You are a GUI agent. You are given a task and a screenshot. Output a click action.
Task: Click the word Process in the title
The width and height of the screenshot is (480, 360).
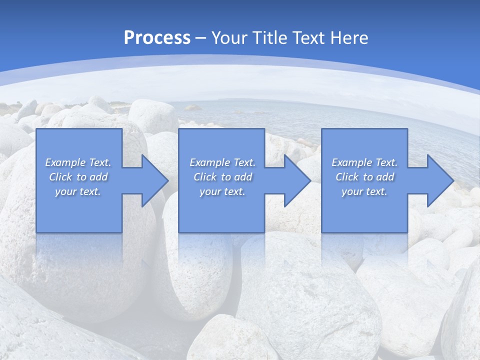point(157,38)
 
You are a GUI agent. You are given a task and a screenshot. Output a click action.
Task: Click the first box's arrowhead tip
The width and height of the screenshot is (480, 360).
point(167,180)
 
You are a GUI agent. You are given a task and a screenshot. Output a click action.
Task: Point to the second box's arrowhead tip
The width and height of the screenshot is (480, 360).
point(310,180)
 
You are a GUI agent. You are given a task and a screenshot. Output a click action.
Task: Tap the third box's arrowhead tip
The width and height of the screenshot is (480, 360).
point(453,180)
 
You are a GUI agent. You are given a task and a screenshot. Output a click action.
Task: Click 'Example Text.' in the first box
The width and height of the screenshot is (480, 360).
point(78,162)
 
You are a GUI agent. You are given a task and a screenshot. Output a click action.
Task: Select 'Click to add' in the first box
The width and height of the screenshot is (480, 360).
point(78,177)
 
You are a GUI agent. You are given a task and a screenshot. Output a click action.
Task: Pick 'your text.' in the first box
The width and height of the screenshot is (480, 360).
point(78,191)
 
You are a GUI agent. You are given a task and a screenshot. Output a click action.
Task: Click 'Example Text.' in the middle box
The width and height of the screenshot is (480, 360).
point(222,162)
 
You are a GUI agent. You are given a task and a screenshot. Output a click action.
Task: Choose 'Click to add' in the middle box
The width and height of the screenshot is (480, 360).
point(222,177)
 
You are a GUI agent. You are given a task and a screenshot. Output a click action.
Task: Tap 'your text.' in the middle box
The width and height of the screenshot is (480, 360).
point(222,191)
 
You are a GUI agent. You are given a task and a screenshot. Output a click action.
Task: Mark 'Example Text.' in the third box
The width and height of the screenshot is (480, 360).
point(364,162)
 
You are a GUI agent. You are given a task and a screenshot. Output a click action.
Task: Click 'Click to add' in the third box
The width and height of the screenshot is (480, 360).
point(364,177)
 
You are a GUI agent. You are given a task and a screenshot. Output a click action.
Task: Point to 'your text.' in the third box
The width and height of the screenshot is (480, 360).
point(364,191)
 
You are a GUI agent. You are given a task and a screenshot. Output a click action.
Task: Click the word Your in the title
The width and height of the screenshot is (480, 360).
point(228,38)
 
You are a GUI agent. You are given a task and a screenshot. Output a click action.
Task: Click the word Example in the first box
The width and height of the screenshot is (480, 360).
point(65,162)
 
